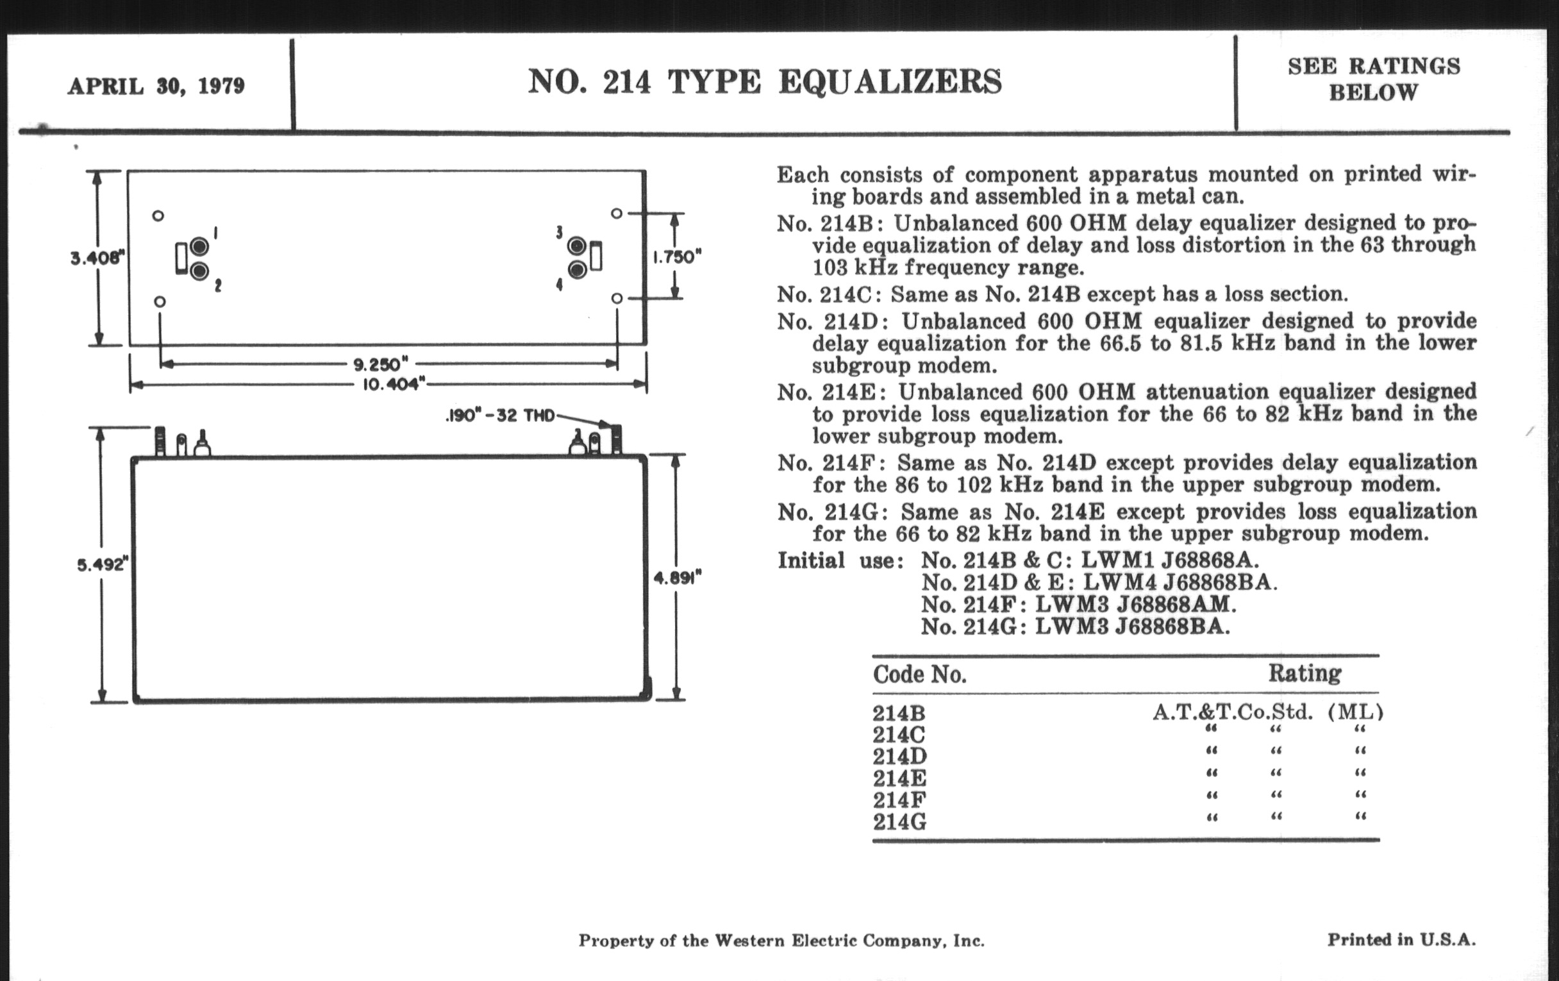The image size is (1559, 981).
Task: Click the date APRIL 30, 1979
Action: click(156, 86)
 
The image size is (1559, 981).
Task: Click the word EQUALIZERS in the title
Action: click(890, 82)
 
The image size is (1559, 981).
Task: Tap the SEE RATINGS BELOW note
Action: click(1373, 79)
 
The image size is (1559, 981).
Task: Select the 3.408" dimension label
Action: click(96, 258)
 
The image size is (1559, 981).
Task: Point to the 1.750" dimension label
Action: click(676, 257)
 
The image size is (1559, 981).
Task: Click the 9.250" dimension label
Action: click(381, 364)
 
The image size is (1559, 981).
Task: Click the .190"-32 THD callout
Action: click(501, 415)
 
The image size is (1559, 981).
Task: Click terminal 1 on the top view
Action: click(199, 247)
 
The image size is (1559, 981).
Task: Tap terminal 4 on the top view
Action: click(577, 269)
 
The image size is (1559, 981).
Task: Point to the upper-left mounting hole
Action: click(158, 215)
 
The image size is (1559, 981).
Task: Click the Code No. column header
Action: click(919, 675)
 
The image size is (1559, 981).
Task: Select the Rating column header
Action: click(1304, 673)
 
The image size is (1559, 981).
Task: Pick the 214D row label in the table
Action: click(899, 757)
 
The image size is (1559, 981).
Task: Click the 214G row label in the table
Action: click(899, 823)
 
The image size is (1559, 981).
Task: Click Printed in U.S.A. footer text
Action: click(1401, 939)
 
